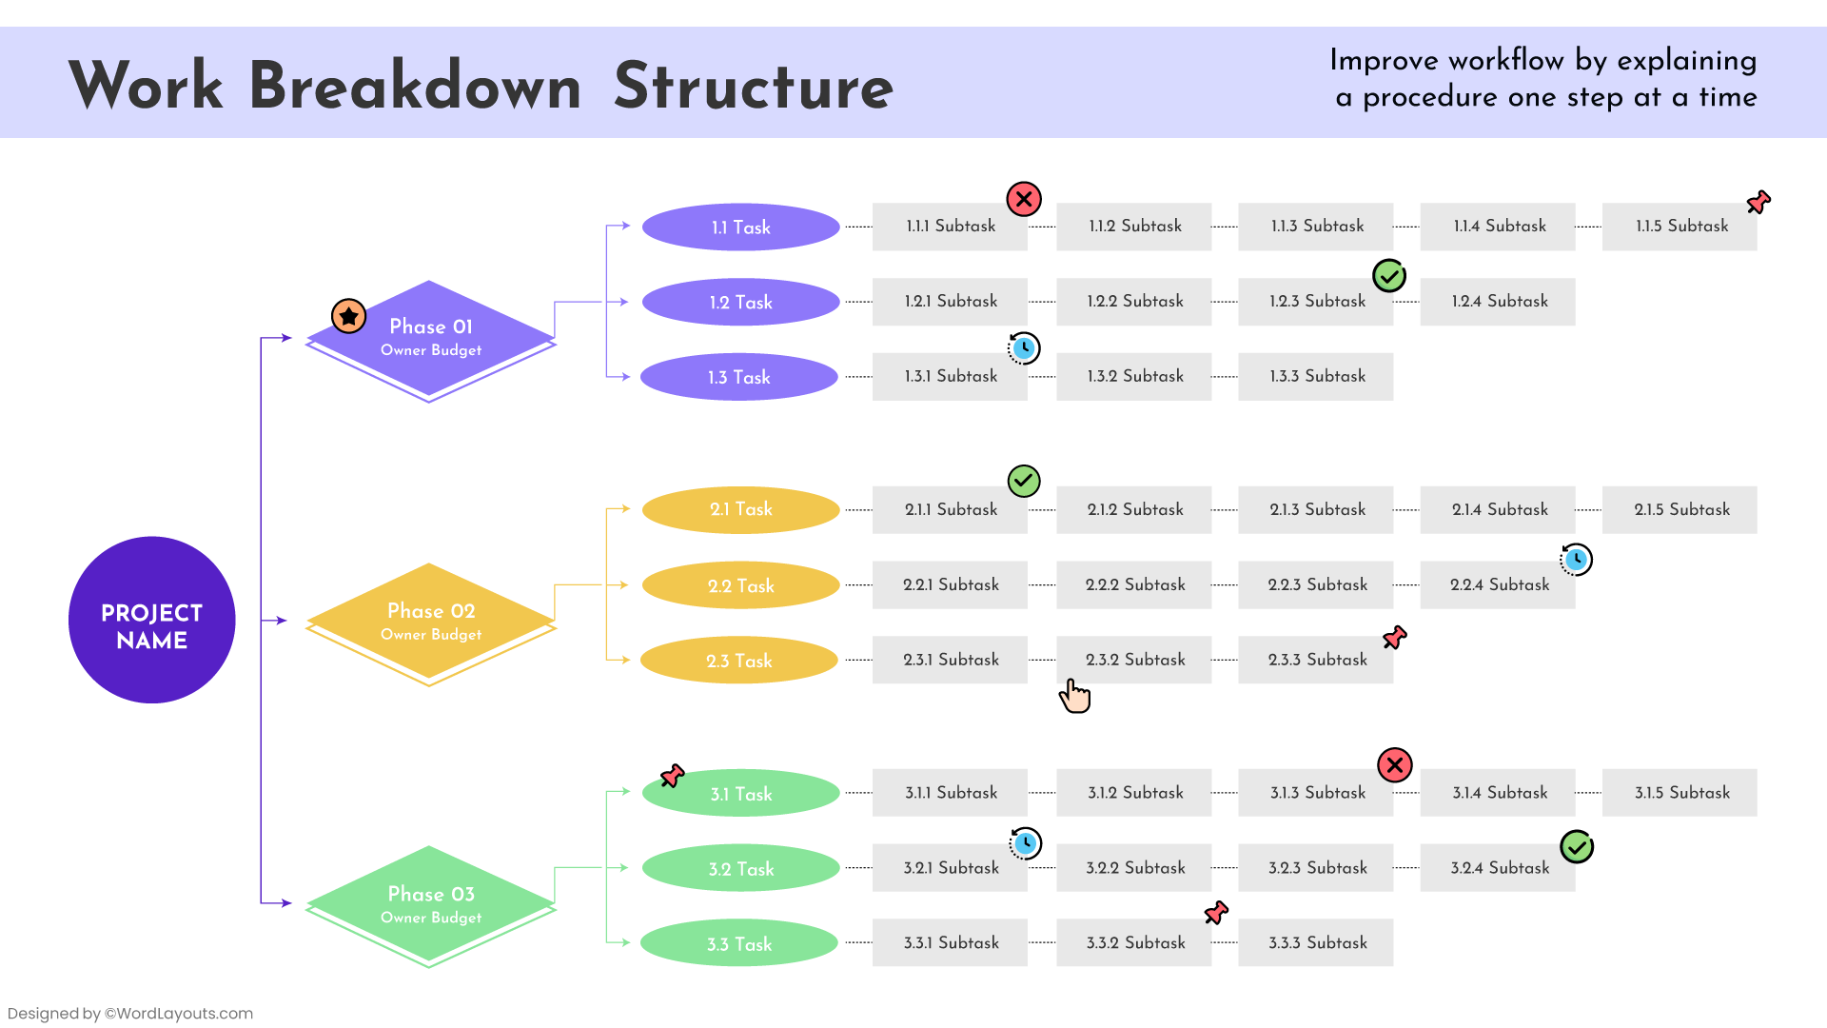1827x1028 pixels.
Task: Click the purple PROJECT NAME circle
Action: (152, 621)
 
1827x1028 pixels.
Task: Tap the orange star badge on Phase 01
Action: (348, 315)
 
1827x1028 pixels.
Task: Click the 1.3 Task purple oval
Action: (739, 377)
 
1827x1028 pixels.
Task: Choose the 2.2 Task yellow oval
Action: (740, 585)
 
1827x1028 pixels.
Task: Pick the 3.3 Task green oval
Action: (739, 943)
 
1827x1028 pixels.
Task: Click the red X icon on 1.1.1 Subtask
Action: (1024, 199)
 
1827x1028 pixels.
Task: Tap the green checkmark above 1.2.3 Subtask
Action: (1389, 276)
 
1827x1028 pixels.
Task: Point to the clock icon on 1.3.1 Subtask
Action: (1024, 348)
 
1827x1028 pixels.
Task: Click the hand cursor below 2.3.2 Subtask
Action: (1075, 696)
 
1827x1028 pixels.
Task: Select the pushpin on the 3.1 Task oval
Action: (673, 776)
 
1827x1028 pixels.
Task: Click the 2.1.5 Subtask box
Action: (1680, 509)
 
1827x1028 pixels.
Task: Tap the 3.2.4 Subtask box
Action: (1498, 868)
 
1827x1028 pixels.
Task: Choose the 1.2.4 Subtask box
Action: (1498, 302)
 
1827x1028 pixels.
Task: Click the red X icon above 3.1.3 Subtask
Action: (1395, 764)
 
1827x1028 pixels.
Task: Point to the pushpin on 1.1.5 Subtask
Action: (1758, 202)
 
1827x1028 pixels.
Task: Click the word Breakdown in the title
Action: (415, 86)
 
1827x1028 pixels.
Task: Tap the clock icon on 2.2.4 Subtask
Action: (1576, 560)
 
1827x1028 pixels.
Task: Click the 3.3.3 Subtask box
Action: (1316, 942)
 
